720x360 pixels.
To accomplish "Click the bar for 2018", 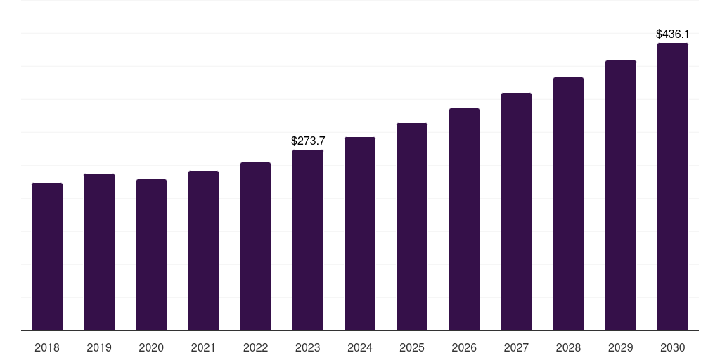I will (47, 257).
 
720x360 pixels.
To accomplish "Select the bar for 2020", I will (151, 255).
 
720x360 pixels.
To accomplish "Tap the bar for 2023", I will (308, 240).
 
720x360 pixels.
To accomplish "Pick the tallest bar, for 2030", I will (672, 186).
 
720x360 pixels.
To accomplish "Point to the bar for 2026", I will (464, 219).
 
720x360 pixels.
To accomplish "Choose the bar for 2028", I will (568, 204).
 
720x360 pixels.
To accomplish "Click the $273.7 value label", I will (308, 141).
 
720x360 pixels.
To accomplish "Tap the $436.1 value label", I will (672, 34).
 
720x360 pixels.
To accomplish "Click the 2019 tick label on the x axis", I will (99, 347).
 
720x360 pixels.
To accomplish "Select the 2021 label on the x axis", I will (203, 347).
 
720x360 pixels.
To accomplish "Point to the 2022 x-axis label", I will (255, 347).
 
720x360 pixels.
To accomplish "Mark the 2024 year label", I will (360, 347).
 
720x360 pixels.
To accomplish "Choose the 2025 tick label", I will (412, 347).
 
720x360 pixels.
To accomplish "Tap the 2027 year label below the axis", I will (516, 347).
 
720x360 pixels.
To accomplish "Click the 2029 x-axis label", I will (620, 347).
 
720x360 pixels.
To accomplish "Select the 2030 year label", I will (672, 347).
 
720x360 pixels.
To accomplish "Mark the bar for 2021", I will (203, 250).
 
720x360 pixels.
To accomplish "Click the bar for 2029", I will (620, 195).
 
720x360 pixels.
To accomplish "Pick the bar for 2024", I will (360, 233).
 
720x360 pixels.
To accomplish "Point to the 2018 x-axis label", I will (47, 347).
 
